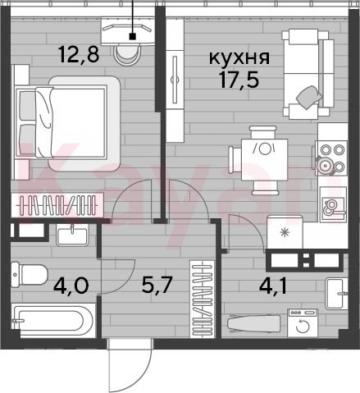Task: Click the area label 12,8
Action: click(79, 55)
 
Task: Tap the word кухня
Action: click(239, 57)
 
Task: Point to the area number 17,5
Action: click(239, 80)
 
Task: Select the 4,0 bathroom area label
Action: click(71, 286)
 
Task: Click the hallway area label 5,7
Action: click(157, 286)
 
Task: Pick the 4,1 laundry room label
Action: click(273, 286)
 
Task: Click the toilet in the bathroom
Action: click(30, 275)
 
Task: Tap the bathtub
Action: click(53, 320)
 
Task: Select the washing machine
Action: click(303, 323)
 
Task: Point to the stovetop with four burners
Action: click(331, 158)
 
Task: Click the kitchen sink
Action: click(333, 204)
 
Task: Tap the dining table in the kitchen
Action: click(264, 159)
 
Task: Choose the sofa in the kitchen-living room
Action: click(308, 74)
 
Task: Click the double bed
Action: click(67, 123)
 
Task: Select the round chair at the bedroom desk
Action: click(126, 55)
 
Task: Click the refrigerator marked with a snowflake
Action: click(285, 232)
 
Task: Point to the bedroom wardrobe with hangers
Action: click(57, 205)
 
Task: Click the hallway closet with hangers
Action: click(203, 299)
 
